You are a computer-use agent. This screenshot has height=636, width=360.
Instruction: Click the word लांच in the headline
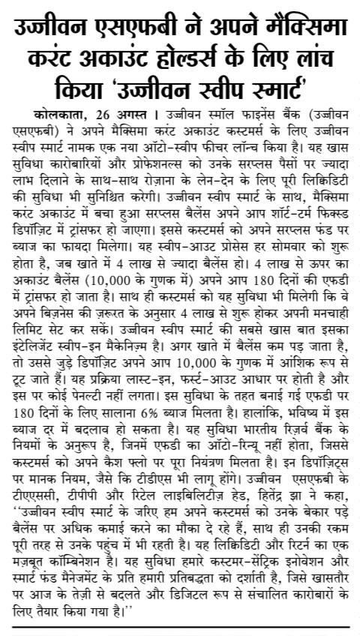322,63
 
